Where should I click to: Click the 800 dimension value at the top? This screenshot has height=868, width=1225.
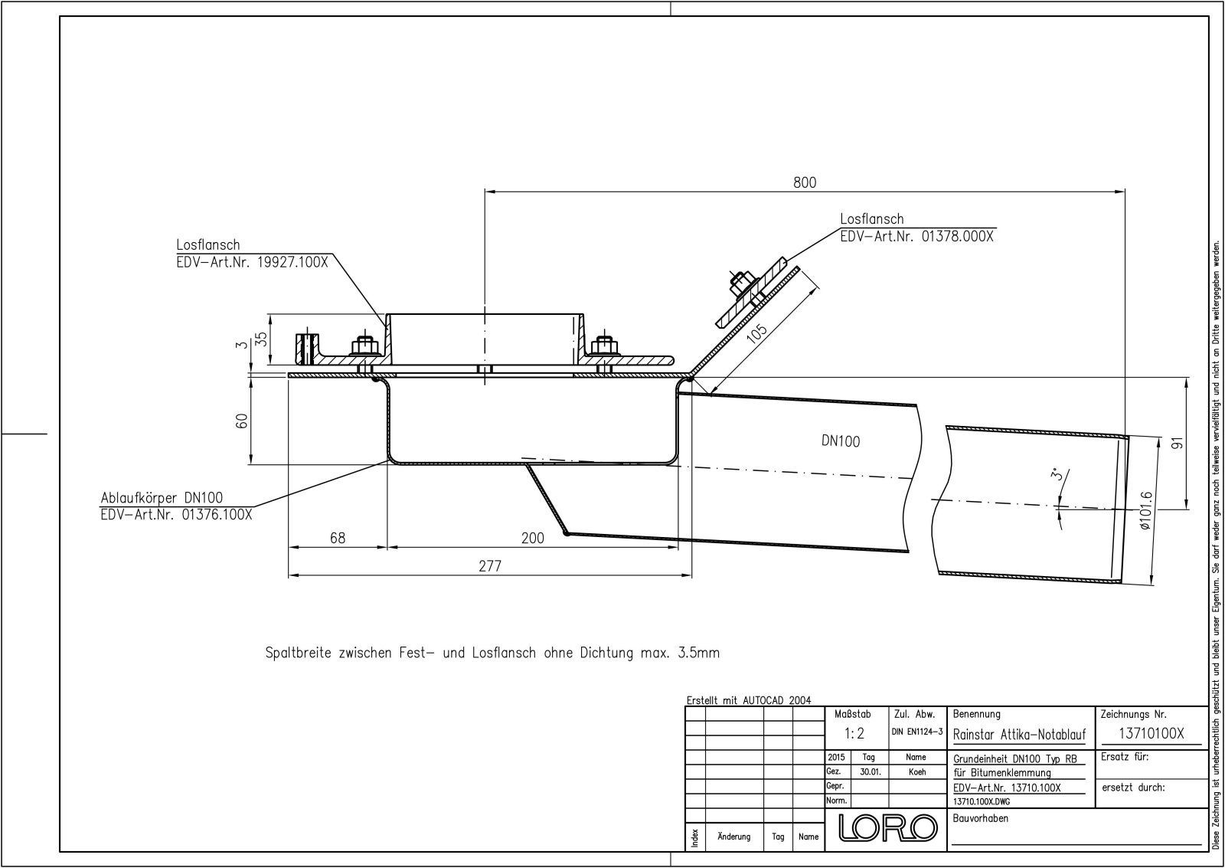pos(805,182)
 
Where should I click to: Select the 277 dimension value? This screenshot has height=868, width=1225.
pos(490,566)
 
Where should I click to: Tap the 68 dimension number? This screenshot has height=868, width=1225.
pos(338,538)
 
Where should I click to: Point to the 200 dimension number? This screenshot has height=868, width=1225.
pos(533,538)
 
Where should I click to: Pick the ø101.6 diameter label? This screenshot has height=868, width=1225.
pos(1145,511)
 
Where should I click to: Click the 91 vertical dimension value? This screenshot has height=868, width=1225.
pos(1178,443)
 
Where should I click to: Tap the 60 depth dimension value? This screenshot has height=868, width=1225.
pos(242,421)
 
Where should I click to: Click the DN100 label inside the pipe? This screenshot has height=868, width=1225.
pos(841,441)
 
